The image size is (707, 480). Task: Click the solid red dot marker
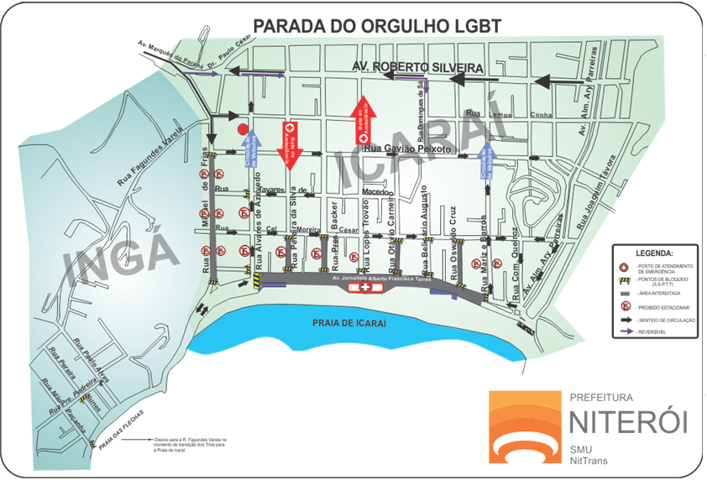(x=243, y=128)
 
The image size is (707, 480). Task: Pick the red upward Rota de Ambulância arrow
(x=360, y=117)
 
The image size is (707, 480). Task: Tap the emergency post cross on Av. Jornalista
(x=365, y=288)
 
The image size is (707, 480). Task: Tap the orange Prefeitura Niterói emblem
(x=521, y=425)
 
